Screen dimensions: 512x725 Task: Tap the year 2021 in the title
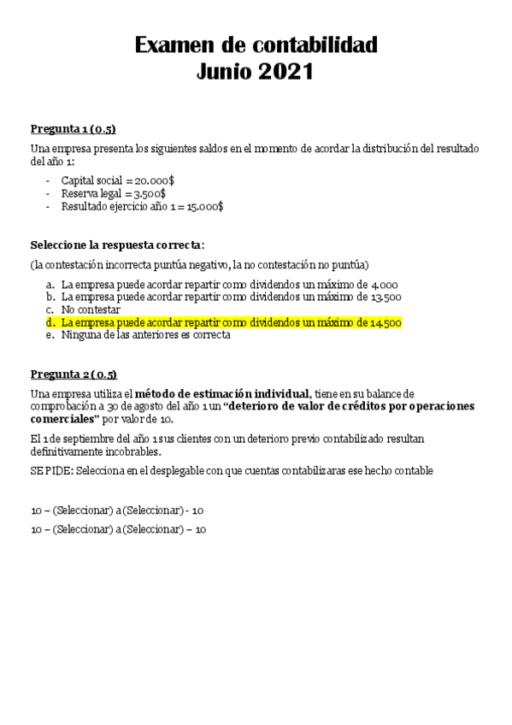click(x=284, y=73)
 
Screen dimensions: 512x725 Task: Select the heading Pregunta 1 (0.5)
click(x=73, y=129)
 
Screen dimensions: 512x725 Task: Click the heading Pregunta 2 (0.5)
click(x=74, y=374)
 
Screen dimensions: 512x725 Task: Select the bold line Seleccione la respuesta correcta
click(x=117, y=245)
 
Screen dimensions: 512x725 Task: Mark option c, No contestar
click(x=91, y=309)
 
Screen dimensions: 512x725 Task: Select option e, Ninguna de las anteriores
click(x=145, y=335)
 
